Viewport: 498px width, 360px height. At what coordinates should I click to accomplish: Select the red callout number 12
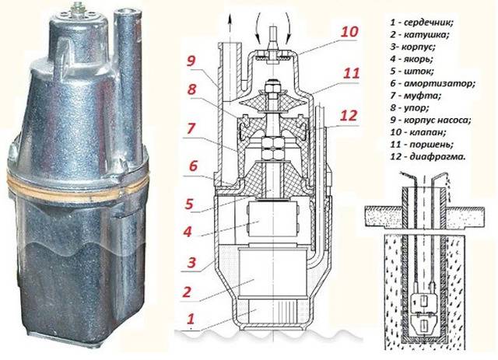[x=349, y=116]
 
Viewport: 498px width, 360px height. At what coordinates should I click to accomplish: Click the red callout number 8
[x=191, y=90]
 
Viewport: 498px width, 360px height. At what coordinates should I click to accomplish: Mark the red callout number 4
[x=188, y=232]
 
